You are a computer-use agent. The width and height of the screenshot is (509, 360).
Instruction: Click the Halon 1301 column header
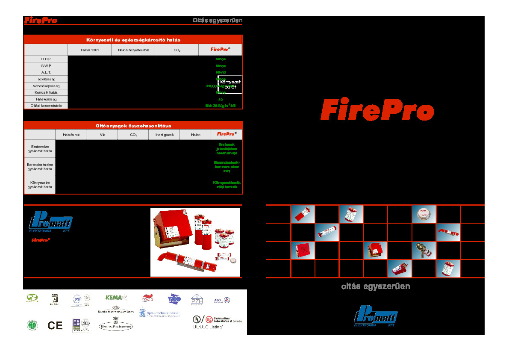(x=89, y=50)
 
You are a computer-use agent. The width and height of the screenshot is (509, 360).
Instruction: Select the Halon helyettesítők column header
(x=133, y=50)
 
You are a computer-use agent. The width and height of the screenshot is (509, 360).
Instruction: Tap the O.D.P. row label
(x=46, y=59)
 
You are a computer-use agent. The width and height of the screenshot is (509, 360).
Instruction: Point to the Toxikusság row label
(x=46, y=79)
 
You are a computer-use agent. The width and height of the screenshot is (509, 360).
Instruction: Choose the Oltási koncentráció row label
(x=46, y=106)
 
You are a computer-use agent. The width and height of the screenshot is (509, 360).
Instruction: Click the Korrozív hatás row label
(x=46, y=92)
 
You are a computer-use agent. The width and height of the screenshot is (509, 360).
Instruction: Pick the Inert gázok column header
(x=164, y=135)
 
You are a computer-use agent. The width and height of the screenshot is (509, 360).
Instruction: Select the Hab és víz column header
(x=71, y=135)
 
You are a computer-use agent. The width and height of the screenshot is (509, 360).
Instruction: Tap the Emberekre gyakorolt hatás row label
(x=40, y=149)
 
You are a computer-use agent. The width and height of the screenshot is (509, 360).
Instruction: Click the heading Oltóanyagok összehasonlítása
(x=133, y=126)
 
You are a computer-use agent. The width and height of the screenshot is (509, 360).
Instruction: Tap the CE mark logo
(x=55, y=326)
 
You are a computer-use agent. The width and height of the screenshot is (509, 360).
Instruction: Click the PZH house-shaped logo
(x=197, y=299)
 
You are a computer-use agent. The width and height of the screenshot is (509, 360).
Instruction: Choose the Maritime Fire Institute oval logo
(x=116, y=327)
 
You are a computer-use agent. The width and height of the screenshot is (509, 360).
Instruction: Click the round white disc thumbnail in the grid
(x=424, y=214)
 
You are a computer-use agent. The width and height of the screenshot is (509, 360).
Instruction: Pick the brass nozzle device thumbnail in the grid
(x=424, y=250)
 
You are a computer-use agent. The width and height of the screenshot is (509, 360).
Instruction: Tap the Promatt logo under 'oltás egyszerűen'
(x=376, y=316)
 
